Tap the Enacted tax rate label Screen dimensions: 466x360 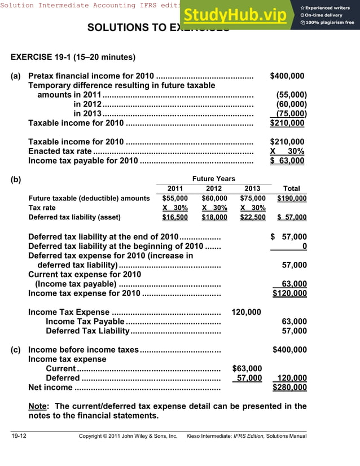point(60,151)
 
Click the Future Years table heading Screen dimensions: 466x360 point(214,179)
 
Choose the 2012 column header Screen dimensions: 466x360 point(214,188)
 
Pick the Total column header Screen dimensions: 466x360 point(291,188)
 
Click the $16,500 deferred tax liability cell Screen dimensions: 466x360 point(175,217)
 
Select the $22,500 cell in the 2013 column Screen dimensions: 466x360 point(252,217)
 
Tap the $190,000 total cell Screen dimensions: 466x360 point(292,199)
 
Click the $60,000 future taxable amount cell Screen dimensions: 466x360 point(214,199)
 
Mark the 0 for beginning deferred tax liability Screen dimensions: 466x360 point(304,246)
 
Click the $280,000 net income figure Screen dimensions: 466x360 point(289,388)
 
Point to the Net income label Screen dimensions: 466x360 point(50,388)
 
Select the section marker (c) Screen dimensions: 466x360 point(16,350)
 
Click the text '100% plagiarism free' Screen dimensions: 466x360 point(330,23)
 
